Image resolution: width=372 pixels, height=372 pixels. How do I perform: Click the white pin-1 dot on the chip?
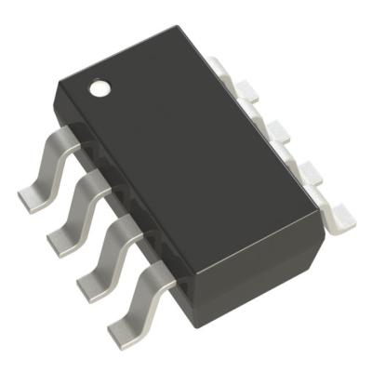[99, 90]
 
